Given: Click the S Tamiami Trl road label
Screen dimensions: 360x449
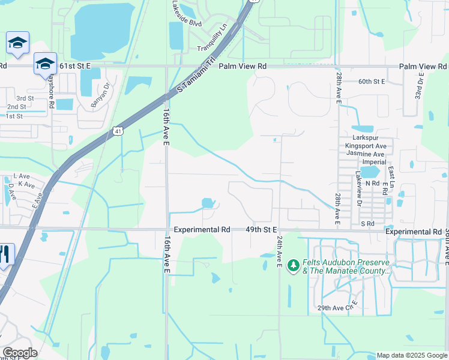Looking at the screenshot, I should click(196, 75).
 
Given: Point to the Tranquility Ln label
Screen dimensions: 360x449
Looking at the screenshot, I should click(214, 37).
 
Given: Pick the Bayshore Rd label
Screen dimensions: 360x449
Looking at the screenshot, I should click(52, 90).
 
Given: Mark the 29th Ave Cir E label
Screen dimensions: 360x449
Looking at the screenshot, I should click(337, 308).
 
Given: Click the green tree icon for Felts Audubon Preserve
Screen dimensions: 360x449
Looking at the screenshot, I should click(294, 265).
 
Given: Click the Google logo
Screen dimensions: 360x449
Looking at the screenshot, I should click(19, 353).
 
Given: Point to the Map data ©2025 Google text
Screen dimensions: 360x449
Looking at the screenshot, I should click(412, 355).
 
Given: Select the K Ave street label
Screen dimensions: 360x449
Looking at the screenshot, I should click(25, 184).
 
